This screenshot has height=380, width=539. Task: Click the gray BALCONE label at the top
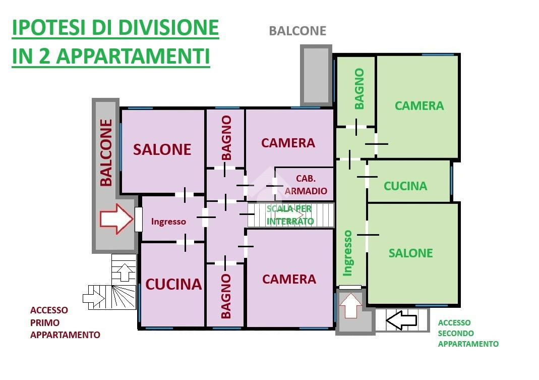pyautogui.click(x=297, y=31)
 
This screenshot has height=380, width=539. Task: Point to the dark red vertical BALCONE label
pyautogui.click(x=106, y=152)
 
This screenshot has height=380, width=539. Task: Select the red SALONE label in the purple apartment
pyautogui.click(x=162, y=150)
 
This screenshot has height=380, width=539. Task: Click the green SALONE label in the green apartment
pyautogui.click(x=410, y=253)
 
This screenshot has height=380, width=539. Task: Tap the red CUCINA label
pyautogui.click(x=173, y=284)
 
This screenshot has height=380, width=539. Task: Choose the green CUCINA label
pyautogui.click(x=405, y=186)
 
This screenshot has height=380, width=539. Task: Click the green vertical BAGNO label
pyautogui.click(x=359, y=89)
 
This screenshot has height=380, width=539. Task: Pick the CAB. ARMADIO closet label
pyautogui.click(x=306, y=185)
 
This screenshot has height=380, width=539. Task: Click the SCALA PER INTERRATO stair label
pyautogui.click(x=290, y=215)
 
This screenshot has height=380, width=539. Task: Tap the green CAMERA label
pyautogui.click(x=419, y=106)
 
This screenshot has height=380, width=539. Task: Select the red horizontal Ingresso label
pyautogui.click(x=168, y=222)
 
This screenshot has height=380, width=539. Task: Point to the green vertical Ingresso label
pyautogui.click(x=347, y=253)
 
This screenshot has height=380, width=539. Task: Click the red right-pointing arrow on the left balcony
pyautogui.click(x=116, y=219)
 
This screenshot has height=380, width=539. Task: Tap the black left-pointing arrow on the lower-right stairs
pyautogui.click(x=401, y=320)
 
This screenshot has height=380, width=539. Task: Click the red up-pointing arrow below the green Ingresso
pyautogui.click(x=350, y=306)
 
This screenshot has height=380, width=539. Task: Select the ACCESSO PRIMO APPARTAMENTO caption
pyautogui.click(x=65, y=322)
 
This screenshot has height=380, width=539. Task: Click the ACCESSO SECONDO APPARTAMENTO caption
pyautogui.click(x=468, y=333)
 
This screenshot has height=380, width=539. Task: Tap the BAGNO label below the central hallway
pyautogui.click(x=225, y=296)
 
